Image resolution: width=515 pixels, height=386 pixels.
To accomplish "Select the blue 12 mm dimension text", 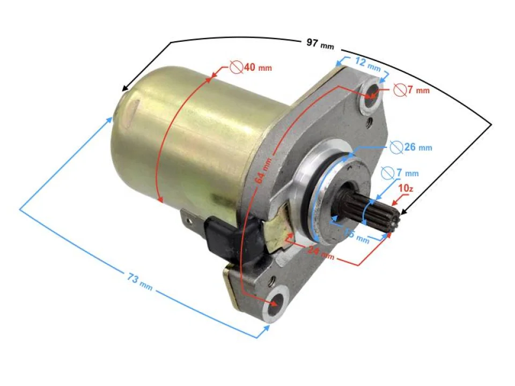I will click(367, 64).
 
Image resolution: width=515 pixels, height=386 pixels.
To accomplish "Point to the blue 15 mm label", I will click(357, 236).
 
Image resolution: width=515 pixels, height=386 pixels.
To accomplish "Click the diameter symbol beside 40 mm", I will click(235, 68).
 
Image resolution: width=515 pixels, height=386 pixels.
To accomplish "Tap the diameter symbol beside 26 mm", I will click(395, 146).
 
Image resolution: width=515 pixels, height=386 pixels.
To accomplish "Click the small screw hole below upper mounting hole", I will click(370, 127).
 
